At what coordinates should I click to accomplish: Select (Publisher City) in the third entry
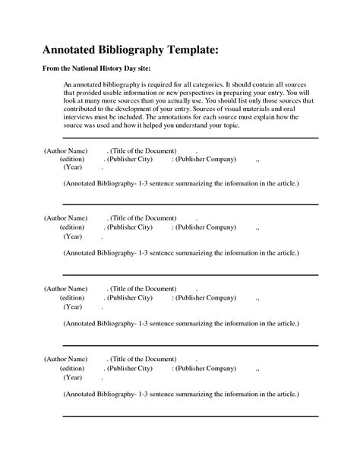click(x=130, y=298)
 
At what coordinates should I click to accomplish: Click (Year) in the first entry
click(x=74, y=168)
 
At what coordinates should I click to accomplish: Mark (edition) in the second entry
click(x=72, y=227)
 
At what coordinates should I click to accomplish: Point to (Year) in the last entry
click(x=74, y=376)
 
